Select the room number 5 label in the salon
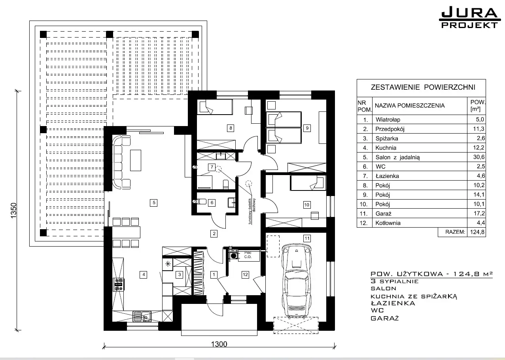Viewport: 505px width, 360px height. point(154,203)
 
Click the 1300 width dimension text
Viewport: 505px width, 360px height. point(219,344)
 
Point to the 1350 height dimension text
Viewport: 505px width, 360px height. point(14,211)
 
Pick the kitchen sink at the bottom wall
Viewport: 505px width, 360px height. point(142,316)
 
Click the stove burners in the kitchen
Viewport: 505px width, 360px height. point(119,285)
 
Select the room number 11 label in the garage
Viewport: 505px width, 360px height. point(307,238)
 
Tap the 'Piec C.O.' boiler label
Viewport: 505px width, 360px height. point(248,255)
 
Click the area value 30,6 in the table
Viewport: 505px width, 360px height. point(479,157)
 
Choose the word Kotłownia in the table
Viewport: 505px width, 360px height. point(388,223)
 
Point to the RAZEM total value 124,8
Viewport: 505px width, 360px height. point(477,232)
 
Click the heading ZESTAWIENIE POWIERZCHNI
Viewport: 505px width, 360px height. point(423,87)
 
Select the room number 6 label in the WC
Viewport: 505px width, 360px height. point(212,203)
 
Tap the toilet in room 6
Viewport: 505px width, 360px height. point(200,202)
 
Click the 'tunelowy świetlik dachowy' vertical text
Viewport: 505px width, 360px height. point(252,211)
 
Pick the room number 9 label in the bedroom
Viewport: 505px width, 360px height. point(307,128)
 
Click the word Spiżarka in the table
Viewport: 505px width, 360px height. point(387,138)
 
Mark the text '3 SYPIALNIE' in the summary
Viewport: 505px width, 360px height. point(395,281)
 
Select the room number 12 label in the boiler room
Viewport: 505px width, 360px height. point(245,275)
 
